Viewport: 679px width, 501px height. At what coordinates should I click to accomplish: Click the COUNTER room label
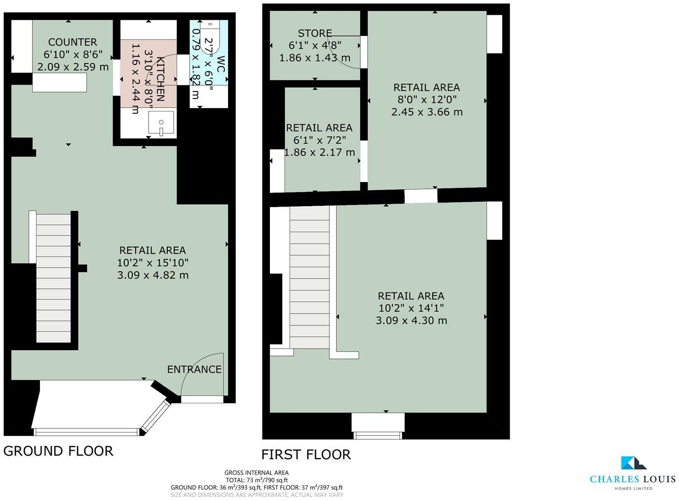(73, 42)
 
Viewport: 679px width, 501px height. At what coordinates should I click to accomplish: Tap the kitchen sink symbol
(161, 124)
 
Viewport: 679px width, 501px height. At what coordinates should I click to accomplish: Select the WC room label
(220, 65)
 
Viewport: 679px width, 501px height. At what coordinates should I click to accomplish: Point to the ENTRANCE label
(194, 369)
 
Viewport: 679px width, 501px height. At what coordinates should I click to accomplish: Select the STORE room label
(315, 33)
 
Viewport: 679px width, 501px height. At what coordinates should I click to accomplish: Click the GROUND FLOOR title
(58, 451)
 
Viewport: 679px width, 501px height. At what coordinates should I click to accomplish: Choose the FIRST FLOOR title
(306, 454)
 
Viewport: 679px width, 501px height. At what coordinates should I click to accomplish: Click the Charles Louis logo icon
(633, 463)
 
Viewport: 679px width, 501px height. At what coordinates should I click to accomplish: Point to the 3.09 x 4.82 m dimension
(152, 275)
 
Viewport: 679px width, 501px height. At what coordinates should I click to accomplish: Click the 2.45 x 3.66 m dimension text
(427, 112)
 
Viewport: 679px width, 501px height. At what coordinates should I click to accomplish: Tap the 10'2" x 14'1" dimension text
(411, 308)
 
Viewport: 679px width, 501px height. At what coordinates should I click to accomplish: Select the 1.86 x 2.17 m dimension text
(319, 152)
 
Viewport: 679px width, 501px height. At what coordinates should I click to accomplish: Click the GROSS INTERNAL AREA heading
(257, 473)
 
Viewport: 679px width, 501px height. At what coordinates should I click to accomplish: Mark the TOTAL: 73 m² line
(257, 480)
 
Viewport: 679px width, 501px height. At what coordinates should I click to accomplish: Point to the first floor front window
(377, 434)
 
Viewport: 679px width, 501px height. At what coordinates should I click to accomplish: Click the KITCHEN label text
(160, 79)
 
